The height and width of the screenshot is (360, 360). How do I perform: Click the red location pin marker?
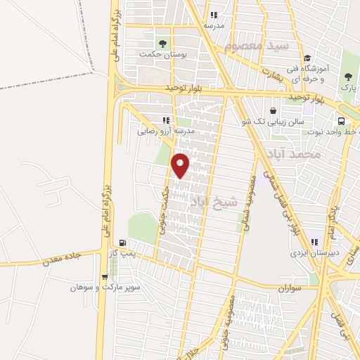point(181,165)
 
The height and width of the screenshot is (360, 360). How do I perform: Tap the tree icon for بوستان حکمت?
point(162,43)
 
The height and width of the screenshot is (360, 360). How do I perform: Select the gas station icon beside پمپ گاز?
point(123,243)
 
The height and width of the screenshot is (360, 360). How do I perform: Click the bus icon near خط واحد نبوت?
point(341,120)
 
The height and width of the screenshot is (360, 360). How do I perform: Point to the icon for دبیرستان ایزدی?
point(314,242)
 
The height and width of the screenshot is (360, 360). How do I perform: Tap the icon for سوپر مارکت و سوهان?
point(105,277)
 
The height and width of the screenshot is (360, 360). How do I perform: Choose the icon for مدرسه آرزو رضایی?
point(166,120)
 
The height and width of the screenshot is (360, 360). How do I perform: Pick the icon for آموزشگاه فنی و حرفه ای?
point(307,59)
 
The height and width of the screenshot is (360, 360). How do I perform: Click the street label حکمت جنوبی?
point(164,210)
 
